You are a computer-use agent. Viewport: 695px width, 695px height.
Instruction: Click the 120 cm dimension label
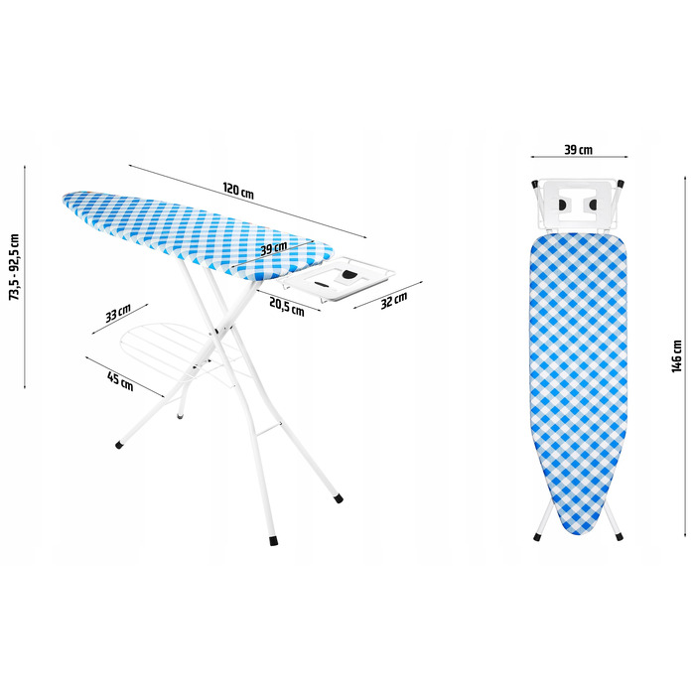coord(238,191)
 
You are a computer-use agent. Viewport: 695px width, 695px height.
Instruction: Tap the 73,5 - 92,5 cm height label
coord(15,267)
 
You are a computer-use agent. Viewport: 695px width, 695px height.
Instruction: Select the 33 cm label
coord(118,314)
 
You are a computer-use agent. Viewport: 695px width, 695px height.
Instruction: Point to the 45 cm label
coord(120,381)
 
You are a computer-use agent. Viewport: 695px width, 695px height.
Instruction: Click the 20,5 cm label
coord(287,307)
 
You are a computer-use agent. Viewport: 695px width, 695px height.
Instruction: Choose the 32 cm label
coord(394,301)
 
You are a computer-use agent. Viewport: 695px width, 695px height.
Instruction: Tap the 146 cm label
coord(676,356)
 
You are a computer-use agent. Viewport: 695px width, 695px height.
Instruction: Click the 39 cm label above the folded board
coord(579,150)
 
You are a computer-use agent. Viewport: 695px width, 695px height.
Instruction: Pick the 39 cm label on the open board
coord(273,248)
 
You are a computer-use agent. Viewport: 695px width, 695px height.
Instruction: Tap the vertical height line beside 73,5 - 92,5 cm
coord(25,277)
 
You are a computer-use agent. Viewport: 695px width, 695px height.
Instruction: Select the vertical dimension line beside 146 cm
coord(686,356)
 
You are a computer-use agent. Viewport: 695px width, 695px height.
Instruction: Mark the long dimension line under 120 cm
coord(248,202)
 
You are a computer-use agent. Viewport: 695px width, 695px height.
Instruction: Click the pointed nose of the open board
coord(65,198)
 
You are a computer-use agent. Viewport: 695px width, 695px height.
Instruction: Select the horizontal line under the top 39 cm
coord(579,157)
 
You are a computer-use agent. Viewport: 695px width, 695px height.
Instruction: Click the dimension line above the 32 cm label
coord(388,295)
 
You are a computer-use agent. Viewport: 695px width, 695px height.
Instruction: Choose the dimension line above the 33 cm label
coord(120,319)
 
